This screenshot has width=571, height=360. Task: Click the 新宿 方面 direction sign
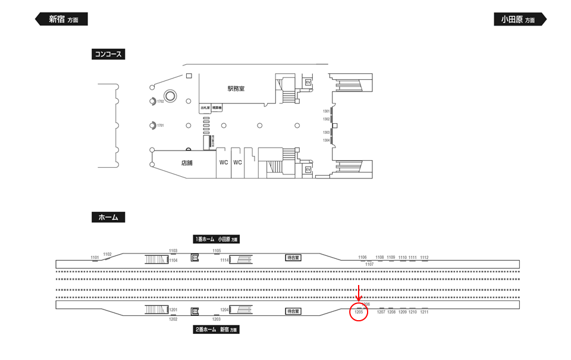[x=62, y=19]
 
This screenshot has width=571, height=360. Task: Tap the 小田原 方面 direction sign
[x=519, y=19]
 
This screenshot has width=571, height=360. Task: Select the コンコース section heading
[x=108, y=54]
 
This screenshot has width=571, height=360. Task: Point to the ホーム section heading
[x=108, y=217]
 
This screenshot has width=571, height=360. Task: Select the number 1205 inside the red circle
[x=359, y=312]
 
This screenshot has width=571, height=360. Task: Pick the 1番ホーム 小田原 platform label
[x=215, y=239]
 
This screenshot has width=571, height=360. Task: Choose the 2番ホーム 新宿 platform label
[x=215, y=329]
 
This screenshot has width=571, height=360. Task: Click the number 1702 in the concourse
[x=161, y=102]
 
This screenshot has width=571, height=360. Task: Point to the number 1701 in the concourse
[x=161, y=126]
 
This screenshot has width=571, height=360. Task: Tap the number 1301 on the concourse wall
[x=326, y=111]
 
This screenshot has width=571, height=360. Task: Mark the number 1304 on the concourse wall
[x=326, y=140]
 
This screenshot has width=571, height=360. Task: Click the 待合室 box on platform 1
[x=293, y=258]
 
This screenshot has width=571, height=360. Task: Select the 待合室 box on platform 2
[x=293, y=311]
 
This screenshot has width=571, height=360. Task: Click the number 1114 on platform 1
[x=224, y=260]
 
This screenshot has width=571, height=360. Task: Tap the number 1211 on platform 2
[x=424, y=312]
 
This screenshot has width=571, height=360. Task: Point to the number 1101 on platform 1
[x=95, y=257]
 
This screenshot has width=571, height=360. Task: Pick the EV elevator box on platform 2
[x=194, y=311]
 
